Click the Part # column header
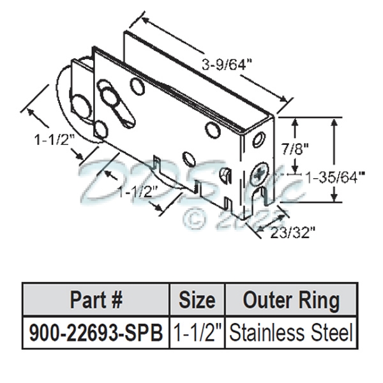[95, 299]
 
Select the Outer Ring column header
[291, 299]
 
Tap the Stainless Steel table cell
[291, 333]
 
